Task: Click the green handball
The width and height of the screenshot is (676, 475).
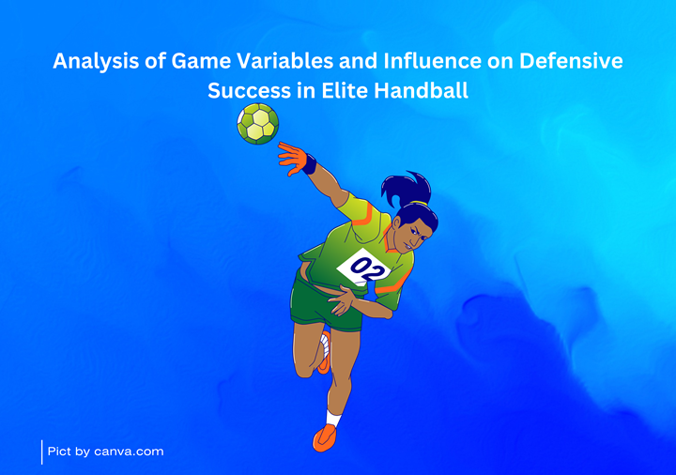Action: pos(258,124)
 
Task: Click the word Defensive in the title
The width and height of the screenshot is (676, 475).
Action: pos(571,61)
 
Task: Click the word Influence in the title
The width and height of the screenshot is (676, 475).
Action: pos(432,61)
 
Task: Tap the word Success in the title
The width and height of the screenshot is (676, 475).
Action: pos(249,91)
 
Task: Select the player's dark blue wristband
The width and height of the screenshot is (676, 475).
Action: pos(309,164)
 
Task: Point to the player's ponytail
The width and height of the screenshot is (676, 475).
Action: pos(406,188)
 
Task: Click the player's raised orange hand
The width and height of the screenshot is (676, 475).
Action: pos(292,159)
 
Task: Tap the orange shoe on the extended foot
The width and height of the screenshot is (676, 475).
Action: pos(324,438)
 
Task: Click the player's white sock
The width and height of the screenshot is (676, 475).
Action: pos(332,418)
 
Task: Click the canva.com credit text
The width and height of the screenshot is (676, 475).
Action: pos(105,452)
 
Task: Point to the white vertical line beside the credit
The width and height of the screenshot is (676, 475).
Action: pos(42,452)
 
